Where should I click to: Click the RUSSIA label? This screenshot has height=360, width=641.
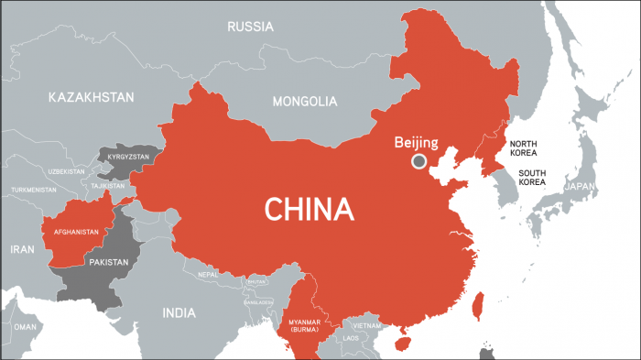click(x=250, y=27)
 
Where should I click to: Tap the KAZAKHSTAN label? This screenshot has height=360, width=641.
click(x=92, y=97)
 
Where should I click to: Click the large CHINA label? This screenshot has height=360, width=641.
click(x=310, y=209)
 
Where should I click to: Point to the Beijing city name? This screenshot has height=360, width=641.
click(x=416, y=142)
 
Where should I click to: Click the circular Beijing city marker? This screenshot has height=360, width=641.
click(x=419, y=161)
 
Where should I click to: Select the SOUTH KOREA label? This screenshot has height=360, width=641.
click(x=532, y=178)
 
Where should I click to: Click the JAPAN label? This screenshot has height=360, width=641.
click(x=581, y=186)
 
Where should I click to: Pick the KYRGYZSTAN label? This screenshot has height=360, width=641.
click(x=127, y=158)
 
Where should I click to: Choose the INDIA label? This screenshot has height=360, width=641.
click(x=179, y=312)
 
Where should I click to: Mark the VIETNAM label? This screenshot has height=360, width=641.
click(x=365, y=325)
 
